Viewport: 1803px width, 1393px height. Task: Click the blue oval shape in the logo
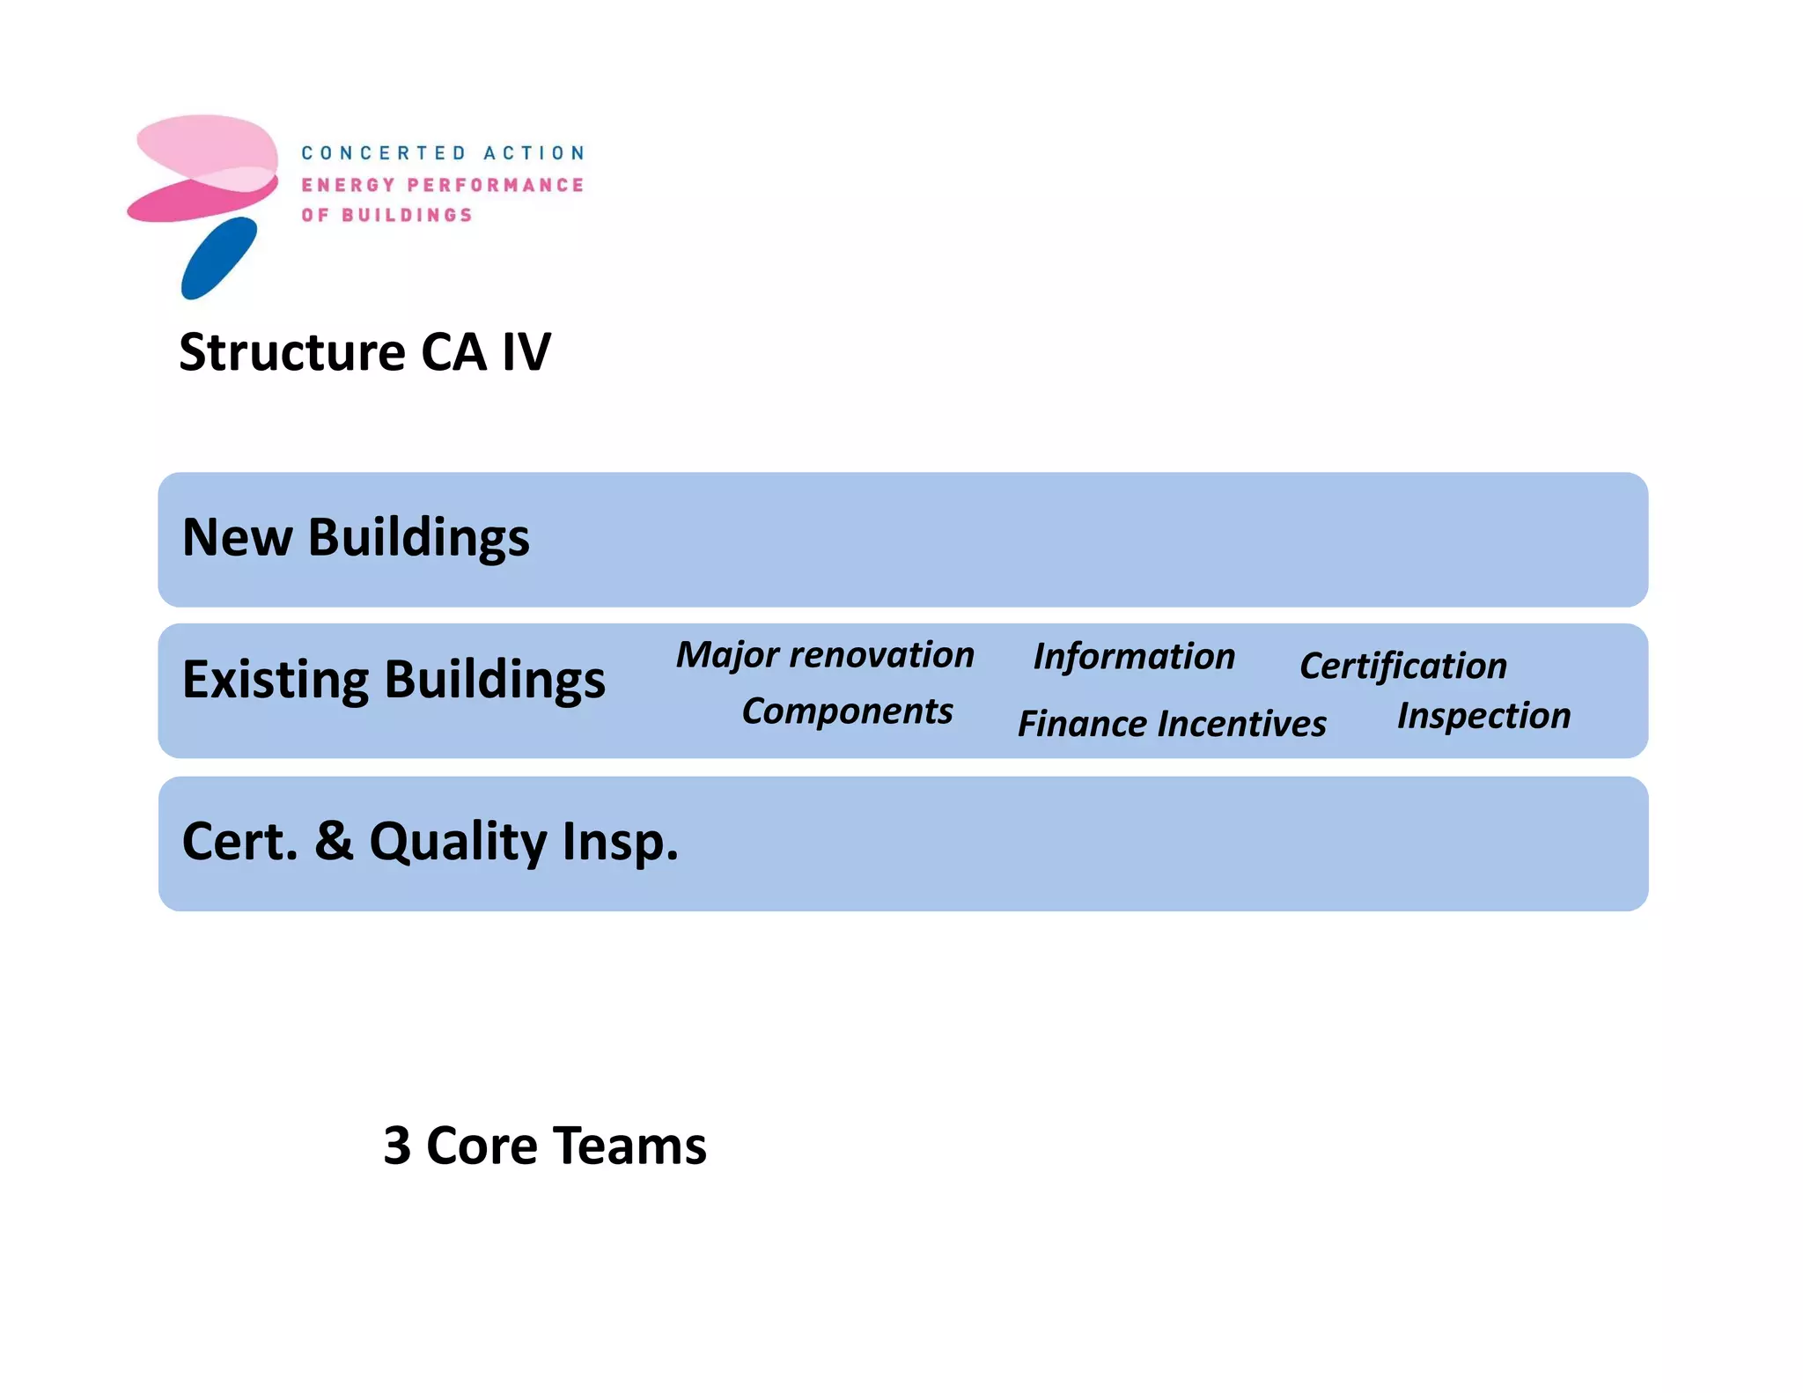[219, 258]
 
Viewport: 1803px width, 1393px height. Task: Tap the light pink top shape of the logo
[207, 144]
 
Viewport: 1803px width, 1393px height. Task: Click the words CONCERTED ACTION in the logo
[443, 153]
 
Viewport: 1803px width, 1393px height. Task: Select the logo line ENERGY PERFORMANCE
[443, 185]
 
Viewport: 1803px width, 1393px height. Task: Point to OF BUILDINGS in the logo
[386, 215]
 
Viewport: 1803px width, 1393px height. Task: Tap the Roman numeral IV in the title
[526, 352]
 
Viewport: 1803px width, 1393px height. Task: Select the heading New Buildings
[356, 537]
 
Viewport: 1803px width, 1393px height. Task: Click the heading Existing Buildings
[394, 680]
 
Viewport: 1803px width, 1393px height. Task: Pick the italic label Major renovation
[825, 655]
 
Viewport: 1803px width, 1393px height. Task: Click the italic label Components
[847, 711]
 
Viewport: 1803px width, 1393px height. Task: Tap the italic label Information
[1134, 657]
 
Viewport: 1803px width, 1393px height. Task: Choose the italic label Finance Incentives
[1172, 724]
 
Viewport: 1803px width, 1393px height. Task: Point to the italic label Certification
[1403, 667]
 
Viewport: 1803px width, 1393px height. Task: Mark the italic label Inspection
[1483, 716]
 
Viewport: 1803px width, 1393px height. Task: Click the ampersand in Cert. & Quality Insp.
[334, 841]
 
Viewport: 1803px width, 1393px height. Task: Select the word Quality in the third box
[458, 843]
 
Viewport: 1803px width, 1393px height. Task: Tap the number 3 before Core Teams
[397, 1146]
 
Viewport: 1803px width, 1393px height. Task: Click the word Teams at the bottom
[629, 1146]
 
